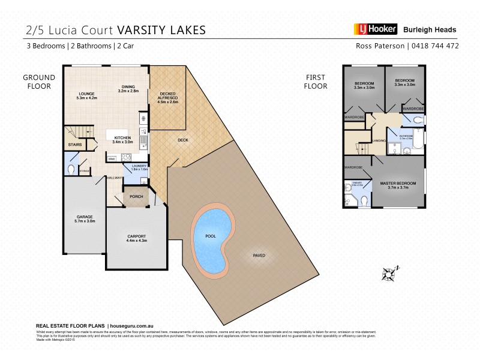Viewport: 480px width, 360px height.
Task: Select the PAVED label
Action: click(x=259, y=256)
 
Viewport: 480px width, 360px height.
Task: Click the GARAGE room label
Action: click(x=84, y=218)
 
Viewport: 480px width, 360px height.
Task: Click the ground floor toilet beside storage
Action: click(x=71, y=170)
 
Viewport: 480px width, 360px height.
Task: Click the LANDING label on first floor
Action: click(x=379, y=141)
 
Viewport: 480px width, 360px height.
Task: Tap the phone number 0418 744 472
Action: click(x=436, y=46)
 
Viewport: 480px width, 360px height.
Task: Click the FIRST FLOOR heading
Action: click(x=316, y=82)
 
